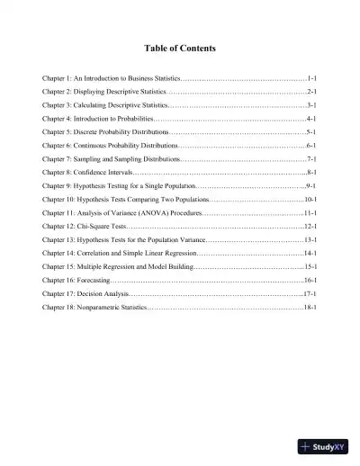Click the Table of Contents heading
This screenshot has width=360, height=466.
pos(180,47)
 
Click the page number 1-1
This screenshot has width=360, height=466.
pos(310,79)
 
